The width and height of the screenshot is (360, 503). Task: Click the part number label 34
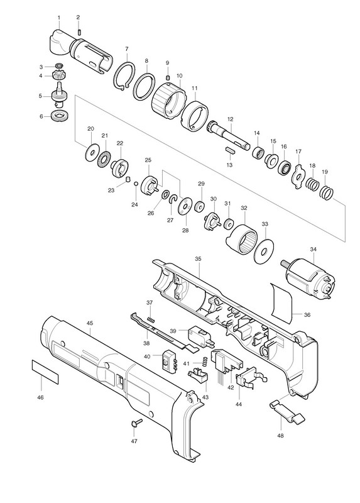pyautogui.click(x=314, y=249)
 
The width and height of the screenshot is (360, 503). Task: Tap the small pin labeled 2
pyautogui.click(x=80, y=32)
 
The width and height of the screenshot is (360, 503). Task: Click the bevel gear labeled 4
pyautogui.click(x=59, y=75)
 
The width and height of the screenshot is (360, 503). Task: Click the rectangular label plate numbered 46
pyautogui.click(x=45, y=372)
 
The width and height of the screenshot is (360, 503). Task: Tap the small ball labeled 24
pyautogui.click(x=136, y=184)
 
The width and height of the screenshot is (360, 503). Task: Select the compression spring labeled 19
pyautogui.click(x=327, y=194)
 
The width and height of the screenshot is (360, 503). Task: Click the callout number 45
pyautogui.click(x=90, y=323)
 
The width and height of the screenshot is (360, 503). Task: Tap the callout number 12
pyautogui.click(x=230, y=119)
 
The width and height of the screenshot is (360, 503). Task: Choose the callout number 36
pyautogui.click(x=307, y=315)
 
